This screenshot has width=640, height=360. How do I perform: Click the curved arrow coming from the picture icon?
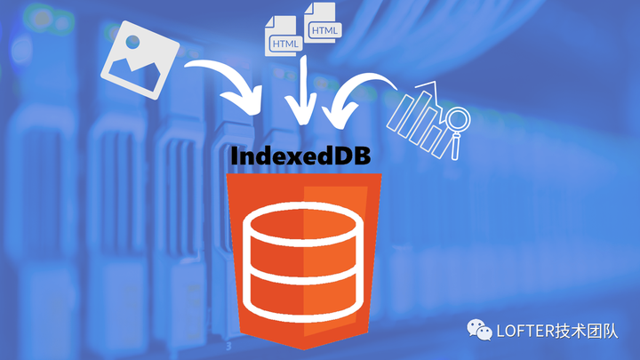pyautogui.click(x=229, y=84)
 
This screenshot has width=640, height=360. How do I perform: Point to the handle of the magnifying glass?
pyautogui.click(x=455, y=146)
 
